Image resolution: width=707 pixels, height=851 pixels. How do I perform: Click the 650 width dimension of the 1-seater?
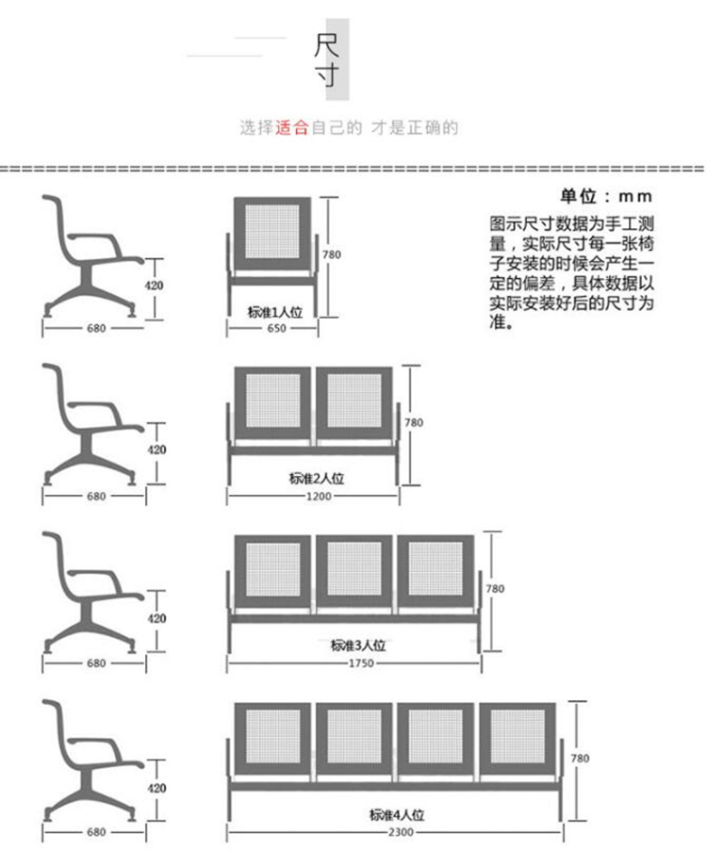(276, 328)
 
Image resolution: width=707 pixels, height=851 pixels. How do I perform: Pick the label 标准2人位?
(317, 478)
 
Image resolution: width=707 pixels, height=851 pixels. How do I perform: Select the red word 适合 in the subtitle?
(291, 128)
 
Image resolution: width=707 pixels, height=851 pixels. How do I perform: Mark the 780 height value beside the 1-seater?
(332, 254)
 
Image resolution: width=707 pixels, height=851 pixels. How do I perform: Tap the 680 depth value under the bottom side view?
(96, 832)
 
